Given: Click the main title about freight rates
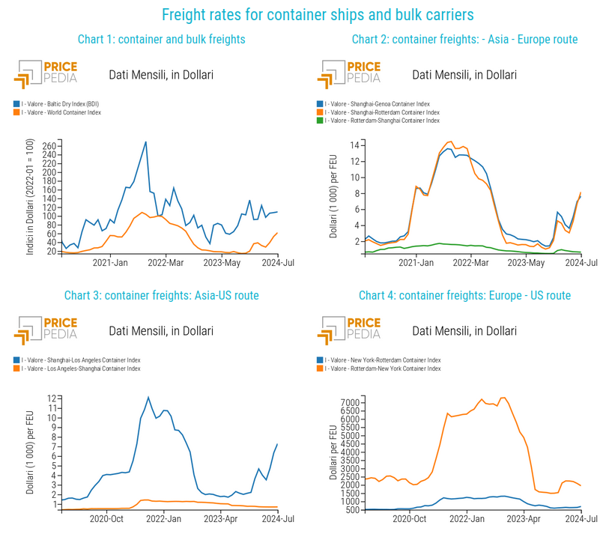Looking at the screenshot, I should pyautogui.click(x=318, y=14).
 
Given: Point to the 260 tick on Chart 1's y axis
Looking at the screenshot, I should pyautogui.click(x=49, y=145).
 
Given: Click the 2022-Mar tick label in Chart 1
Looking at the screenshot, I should pyautogui.click(x=166, y=264).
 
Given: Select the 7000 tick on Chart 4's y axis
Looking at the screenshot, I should pyautogui.click(x=348, y=403).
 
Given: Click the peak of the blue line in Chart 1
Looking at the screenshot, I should pyautogui.click(x=145, y=142).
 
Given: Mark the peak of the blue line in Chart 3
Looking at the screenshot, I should pyautogui.click(x=148, y=397).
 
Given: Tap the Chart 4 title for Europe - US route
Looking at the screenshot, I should pyautogui.click(x=464, y=296).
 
